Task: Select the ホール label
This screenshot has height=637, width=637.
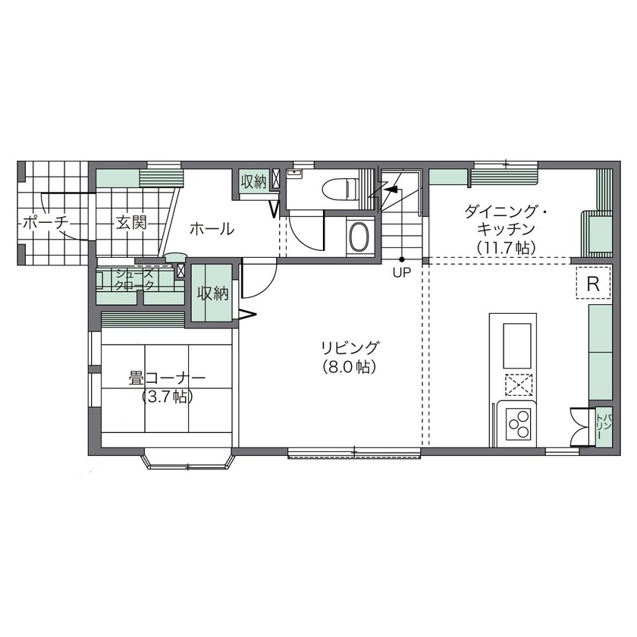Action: [x=211, y=228]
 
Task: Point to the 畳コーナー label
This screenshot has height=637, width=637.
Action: [x=165, y=378]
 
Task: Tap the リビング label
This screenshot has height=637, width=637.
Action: [x=349, y=348]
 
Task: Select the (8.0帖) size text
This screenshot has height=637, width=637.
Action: [x=349, y=366]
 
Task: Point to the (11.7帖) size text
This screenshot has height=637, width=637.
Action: [x=507, y=247]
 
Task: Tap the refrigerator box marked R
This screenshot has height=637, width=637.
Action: [x=594, y=284]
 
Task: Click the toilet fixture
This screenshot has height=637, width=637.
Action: [x=339, y=187]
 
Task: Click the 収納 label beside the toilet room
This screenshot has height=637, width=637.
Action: [x=253, y=181]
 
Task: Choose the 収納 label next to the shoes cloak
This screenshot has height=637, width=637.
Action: [x=213, y=293]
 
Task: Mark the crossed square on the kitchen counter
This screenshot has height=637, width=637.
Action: [x=517, y=384]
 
